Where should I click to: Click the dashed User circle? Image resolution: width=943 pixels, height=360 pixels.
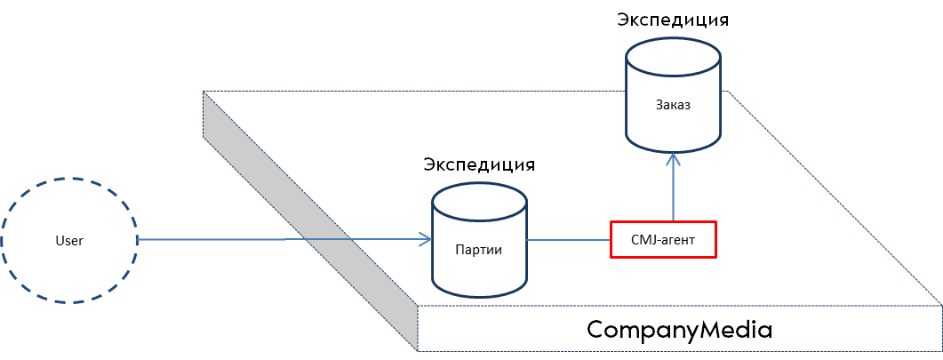click(69, 179)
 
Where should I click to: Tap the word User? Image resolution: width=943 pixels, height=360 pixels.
click(68, 241)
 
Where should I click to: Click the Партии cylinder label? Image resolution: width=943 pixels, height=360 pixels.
click(479, 248)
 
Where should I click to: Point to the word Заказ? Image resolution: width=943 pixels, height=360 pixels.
click(673, 105)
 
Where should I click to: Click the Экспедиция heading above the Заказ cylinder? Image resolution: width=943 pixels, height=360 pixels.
click(673, 20)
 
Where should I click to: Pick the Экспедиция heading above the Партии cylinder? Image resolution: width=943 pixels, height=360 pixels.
click(479, 164)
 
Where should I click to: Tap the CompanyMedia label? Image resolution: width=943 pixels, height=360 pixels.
click(679, 330)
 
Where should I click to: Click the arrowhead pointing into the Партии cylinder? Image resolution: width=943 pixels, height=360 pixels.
click(426, 240)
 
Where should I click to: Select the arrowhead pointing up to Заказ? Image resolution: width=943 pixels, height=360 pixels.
click(674, 157)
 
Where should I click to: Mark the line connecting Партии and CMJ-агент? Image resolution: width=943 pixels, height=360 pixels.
click(568, 240)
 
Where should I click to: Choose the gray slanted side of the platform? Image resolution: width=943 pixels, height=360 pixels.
click(309, 220)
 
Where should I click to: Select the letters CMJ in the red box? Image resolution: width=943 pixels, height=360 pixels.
click(642, 240)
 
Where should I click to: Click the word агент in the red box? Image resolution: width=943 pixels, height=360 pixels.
click(677, 241)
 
